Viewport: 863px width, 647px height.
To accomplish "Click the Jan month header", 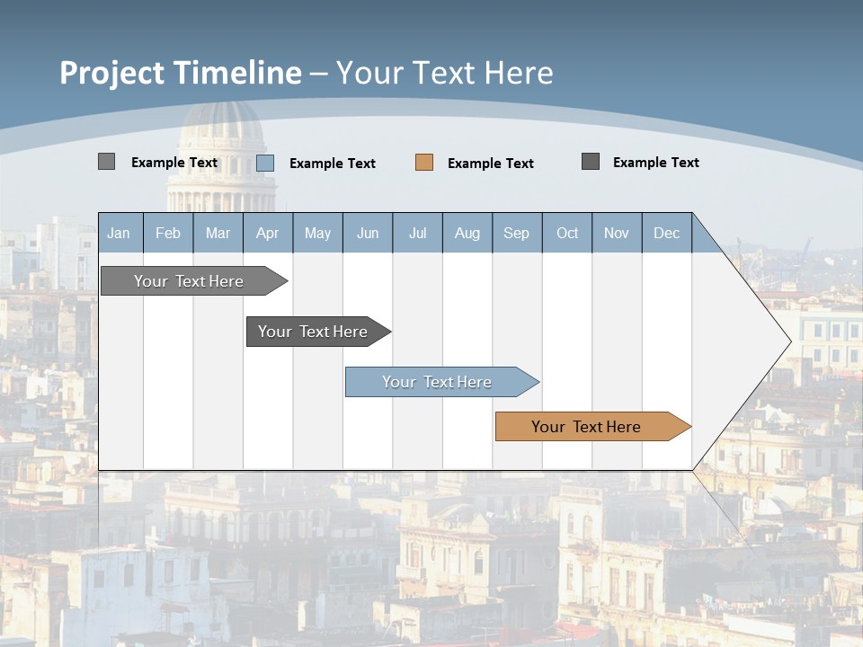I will point(120,233).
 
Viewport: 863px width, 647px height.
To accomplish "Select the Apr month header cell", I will point(268,233).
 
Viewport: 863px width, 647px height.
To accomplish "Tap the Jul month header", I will point(417,233).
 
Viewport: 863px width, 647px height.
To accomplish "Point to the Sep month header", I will point(516,233).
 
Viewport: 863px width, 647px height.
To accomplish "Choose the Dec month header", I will point(666,233).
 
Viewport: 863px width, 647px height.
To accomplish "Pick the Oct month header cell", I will point(567,233).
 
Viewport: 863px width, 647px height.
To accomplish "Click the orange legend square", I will point(424,163).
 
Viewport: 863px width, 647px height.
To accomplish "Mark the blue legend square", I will point(265,163).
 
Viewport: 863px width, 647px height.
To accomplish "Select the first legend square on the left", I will point(107,162).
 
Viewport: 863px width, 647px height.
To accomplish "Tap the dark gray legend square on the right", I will point(591,162).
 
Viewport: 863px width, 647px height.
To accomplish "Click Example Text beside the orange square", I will point(490,164).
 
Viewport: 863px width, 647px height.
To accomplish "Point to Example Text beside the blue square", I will point(332,164).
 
